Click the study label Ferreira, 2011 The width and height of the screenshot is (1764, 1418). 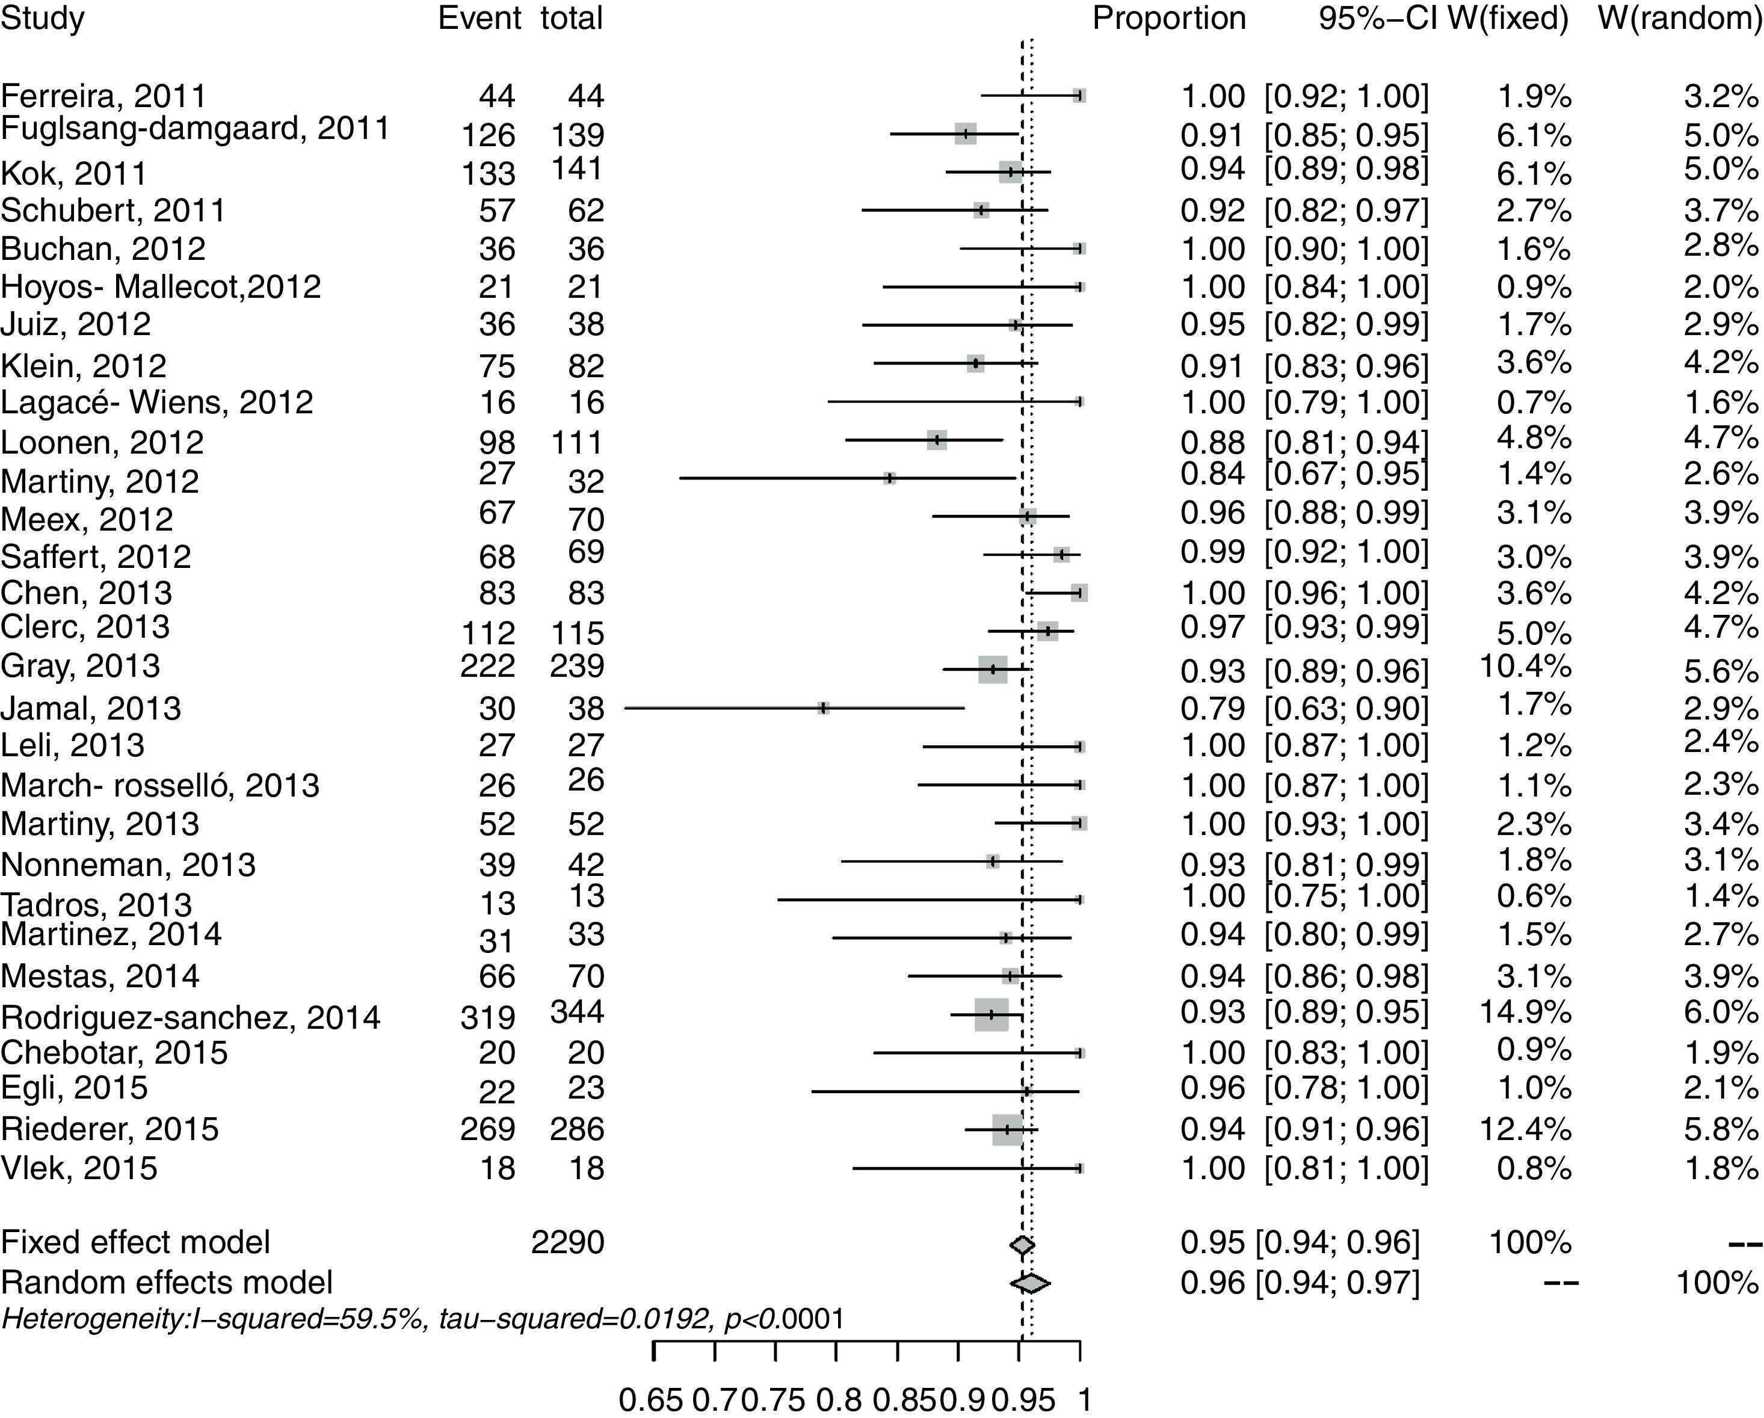point(104,96)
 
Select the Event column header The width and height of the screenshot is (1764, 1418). point(480,18)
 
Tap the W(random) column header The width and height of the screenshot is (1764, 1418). point(1680,18)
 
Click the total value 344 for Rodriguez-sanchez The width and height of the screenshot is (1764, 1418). point(577,1013)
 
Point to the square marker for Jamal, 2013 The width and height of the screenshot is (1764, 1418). point(823,707)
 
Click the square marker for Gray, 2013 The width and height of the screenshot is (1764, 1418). point(993,670)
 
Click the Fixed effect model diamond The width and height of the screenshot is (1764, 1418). point(1022,1245)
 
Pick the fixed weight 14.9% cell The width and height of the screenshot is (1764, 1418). point(1525,1013)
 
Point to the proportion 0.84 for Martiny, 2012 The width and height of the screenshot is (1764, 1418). point(1212,473)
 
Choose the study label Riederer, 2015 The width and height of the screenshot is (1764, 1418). point(109,1129)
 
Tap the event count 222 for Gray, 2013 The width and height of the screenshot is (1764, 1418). point(488,665)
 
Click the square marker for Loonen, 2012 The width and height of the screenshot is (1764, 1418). point(937,440)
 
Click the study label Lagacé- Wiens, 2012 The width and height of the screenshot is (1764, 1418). point(157,402)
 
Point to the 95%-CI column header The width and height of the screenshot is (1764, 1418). point(1378,18)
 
